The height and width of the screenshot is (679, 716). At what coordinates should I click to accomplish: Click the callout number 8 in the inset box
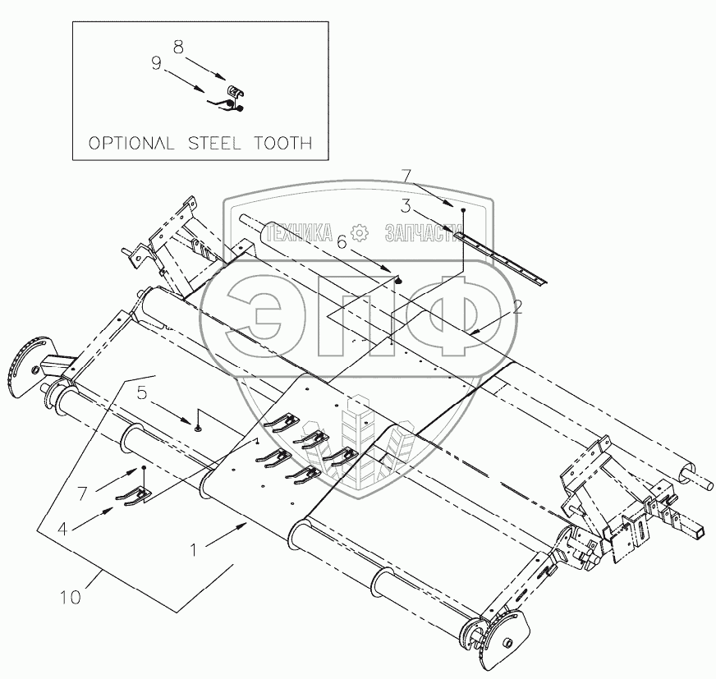pyautogui.click(x=178, y=47)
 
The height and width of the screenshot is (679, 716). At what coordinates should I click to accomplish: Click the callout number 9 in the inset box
pyautogui.click(x=157, y=63)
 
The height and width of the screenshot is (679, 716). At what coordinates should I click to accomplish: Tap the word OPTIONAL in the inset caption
pyautogui.click(x=131, y=143)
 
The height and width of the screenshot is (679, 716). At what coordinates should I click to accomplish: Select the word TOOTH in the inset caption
pyautogui.click(x=283, y=143)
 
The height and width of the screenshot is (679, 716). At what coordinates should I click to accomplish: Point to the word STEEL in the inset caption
pyautogui.click(x=214, y=143)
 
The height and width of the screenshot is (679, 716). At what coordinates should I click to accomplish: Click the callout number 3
pyautogui.click(x=406, y=206)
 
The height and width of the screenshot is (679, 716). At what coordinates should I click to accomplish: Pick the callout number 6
pyautogui.click(x=342, y=242)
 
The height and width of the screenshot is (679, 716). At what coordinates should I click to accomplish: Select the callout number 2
pyautogui.click(x=517, y=307)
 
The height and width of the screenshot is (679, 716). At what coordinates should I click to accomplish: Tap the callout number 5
pyautogui.click(x=143, y=392)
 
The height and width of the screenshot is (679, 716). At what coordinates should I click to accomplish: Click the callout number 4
pyautogui.click(x=63, y=529)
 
